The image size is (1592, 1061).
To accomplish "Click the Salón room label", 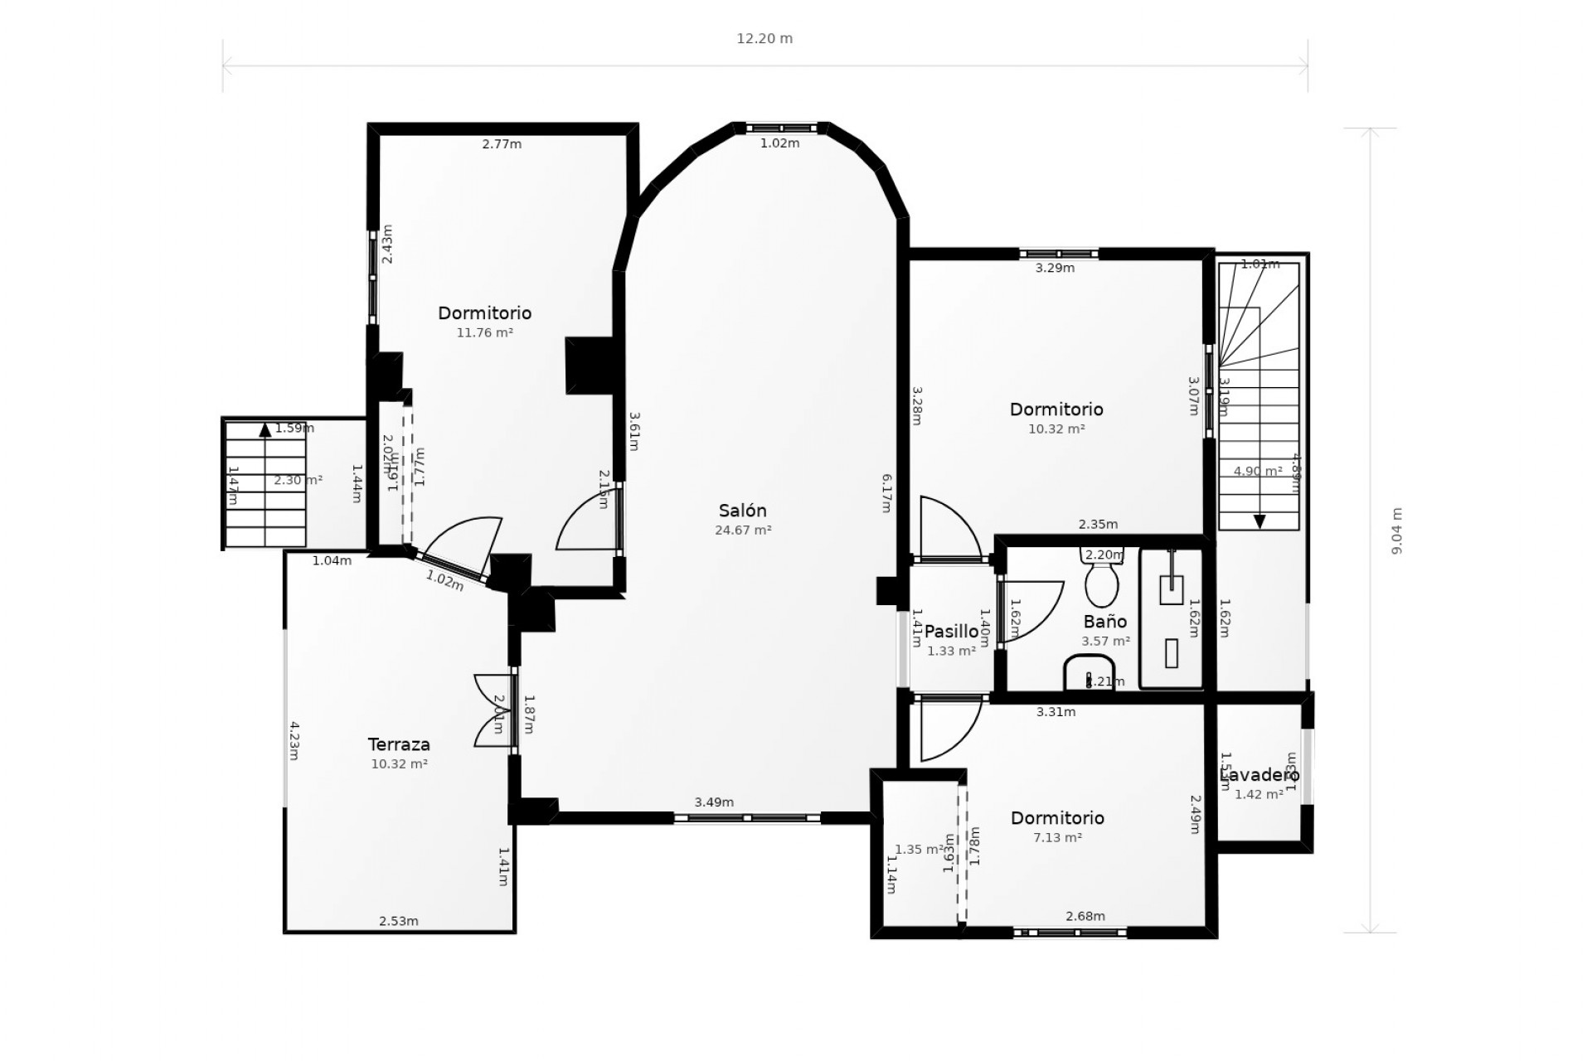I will click(742, 511).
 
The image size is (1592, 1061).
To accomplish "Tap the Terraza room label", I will click(399, 744).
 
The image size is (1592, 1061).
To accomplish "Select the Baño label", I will click(1105, 622).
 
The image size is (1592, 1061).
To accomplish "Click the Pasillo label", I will click(951, 632).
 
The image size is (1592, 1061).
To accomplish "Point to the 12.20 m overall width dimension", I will click(764, 39).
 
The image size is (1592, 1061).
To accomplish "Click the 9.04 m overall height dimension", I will click(1397, 530).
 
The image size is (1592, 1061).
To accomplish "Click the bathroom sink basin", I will click(1089, 672).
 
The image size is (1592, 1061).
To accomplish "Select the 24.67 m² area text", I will click(743, 530).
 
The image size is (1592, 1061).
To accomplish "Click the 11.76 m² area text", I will click(484, 333).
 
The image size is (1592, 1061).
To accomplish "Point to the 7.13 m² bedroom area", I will click(1057, 838).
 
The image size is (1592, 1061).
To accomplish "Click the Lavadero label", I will click(1260, 775).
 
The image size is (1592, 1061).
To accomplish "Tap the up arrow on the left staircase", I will click(265, 429).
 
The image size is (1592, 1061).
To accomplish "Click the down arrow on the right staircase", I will click(1260, 521).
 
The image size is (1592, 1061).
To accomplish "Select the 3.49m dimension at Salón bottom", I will click(714, 802).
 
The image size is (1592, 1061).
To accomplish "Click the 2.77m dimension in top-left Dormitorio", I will click(502, 144).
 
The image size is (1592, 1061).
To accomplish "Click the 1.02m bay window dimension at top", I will click(780, 143).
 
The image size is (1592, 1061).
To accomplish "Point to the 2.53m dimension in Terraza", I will click(399, 921).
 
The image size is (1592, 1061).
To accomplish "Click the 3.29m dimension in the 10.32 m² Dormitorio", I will click(1055, 268).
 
